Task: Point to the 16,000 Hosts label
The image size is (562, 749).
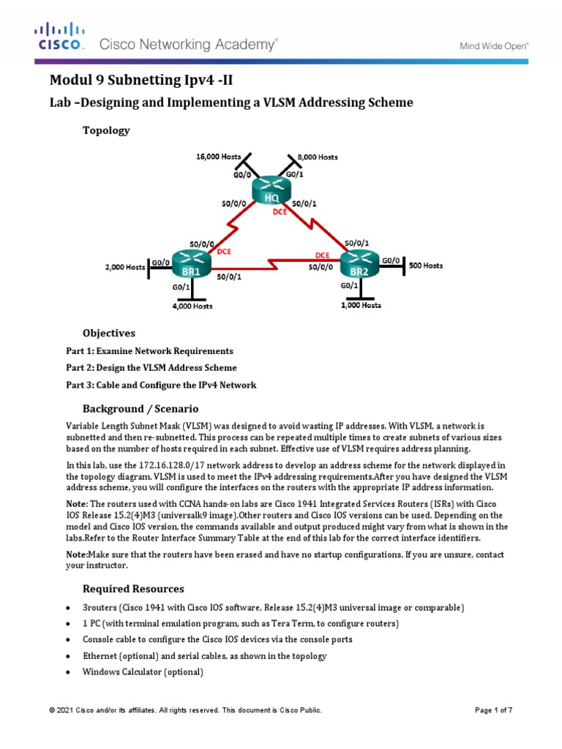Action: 219,157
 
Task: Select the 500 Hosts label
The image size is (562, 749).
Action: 425,266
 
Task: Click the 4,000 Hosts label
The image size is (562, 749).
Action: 192,306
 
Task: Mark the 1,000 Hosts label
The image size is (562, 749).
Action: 361,306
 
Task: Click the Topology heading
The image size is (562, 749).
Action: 106,130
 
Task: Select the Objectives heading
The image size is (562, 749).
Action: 109,333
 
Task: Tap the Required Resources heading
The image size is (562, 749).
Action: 133,588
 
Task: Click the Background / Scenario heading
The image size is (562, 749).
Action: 140,408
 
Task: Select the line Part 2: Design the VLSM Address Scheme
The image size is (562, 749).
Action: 151,368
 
